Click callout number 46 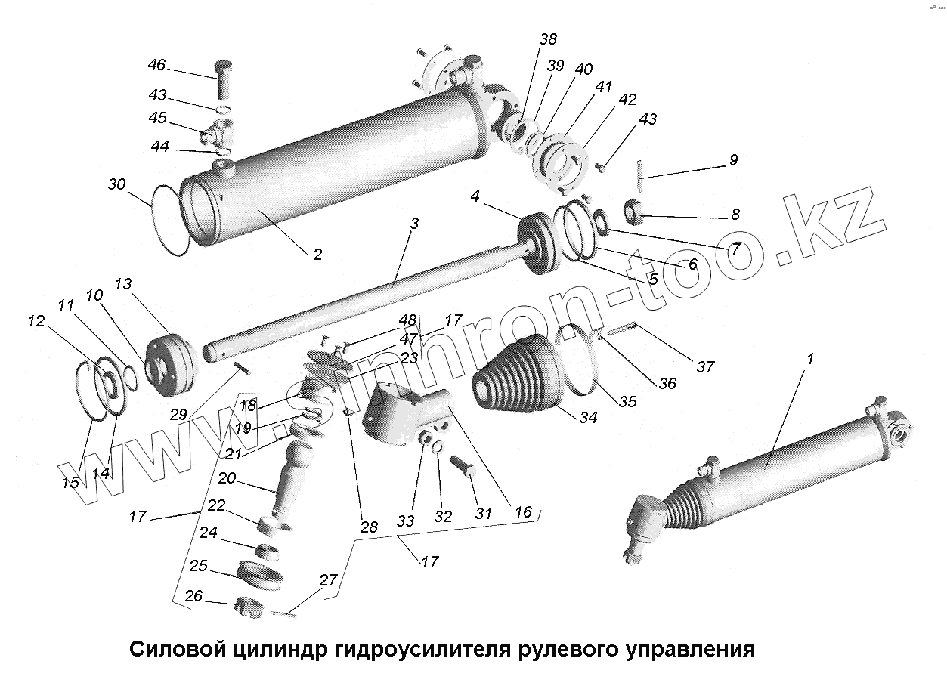point(156,66)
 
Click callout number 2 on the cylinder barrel point(317,254)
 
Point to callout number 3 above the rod point(414,224)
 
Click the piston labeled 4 point(538,244)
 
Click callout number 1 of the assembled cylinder point(809,359)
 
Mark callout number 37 point(705,367)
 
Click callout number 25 point(199,566)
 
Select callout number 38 point(548,40)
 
